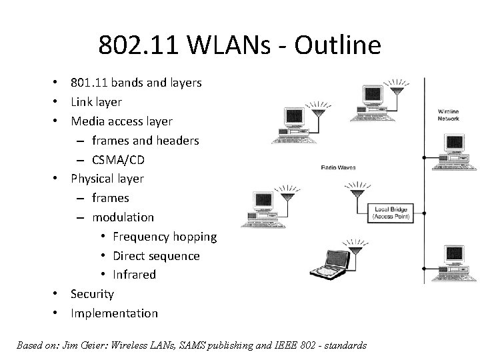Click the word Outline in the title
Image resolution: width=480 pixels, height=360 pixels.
(336, 45)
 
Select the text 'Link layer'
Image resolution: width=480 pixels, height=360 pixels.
(96, 102)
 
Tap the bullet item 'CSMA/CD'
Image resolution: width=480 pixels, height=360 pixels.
(118, 160)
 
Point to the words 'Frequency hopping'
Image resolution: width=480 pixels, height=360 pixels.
(165, 237)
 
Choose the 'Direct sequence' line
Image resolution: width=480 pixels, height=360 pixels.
(156, 255)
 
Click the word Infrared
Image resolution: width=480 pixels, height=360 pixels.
(134, 275)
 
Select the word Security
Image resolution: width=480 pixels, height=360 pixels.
(92, 294)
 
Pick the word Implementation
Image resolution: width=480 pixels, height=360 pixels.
(114, 313)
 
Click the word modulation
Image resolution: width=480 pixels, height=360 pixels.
(123, 217)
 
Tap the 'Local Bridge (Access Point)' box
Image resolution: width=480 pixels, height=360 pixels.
(391, 212)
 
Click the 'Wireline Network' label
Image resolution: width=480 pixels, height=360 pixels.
(448, 114)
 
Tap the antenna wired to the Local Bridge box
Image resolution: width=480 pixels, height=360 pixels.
(356, 193)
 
